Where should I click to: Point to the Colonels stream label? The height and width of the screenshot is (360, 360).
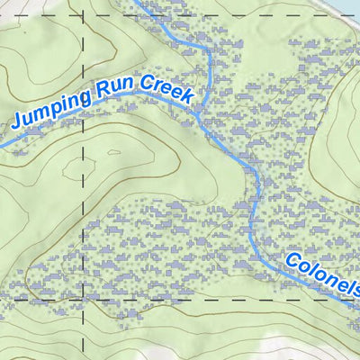click(x=323, y=278)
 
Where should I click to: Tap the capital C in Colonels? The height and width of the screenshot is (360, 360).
click(x=293, y=262)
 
